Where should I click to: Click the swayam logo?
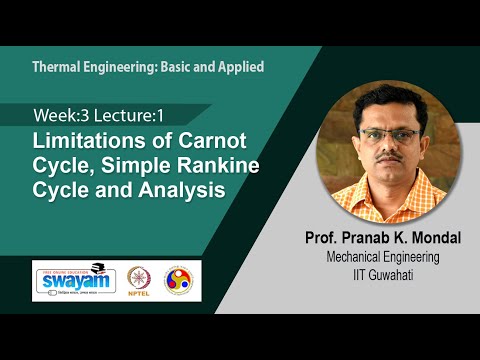coord(74,279)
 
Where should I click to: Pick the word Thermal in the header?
coord(56,67)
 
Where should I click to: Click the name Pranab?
coord(350,241)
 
